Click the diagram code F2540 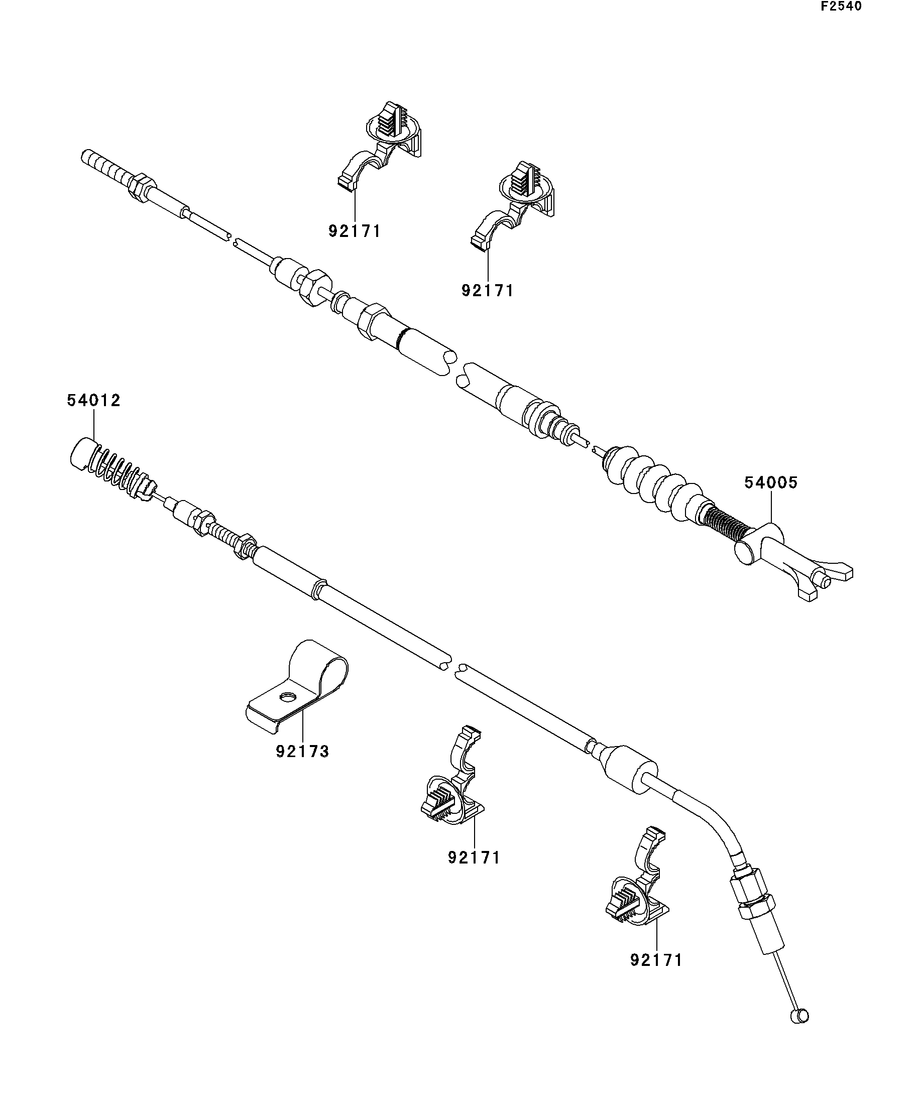pos(841,7)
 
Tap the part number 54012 pos(94,401)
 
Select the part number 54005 pos(771,482)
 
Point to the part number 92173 pos(303,751)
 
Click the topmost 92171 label pos(355,231)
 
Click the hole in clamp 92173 pos(287,697)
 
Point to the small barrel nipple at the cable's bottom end pos(800,1016)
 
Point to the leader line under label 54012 pos(94,424)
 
